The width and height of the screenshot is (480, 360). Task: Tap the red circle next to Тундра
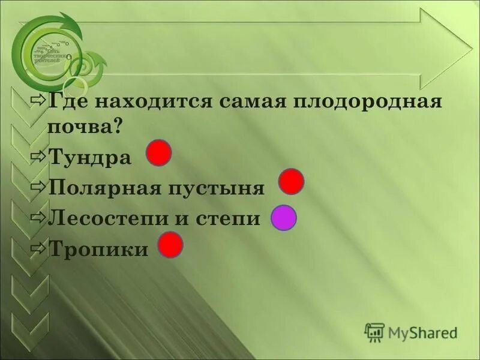[160, 152]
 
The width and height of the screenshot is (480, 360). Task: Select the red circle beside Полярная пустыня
[292, 181]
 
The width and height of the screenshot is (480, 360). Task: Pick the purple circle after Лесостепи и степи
[284, 218]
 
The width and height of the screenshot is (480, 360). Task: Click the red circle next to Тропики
[170, 245]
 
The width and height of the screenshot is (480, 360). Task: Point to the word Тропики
[97, 249]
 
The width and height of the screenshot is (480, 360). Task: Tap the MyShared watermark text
[422, 332]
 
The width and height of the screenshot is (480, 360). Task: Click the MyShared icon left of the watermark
[374, 332]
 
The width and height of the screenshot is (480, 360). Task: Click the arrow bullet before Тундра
[38, 157]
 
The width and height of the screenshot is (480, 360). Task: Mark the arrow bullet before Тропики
[38, 248]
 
